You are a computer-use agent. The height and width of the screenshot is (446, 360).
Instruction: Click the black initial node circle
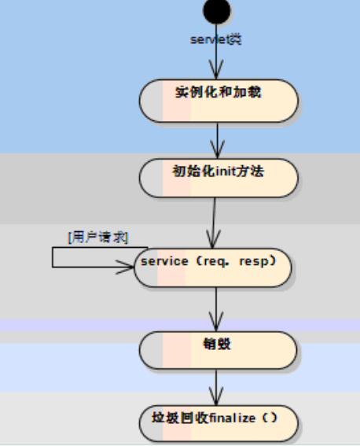tap(217, 10)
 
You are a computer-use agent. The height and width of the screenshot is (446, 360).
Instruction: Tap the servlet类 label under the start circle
tap(216, 39)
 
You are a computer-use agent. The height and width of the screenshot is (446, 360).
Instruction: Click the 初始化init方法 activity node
tap(219, 178)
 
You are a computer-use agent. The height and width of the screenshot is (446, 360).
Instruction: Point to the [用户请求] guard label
tap(97, 237)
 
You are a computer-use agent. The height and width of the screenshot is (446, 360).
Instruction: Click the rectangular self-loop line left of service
tap(53, 257)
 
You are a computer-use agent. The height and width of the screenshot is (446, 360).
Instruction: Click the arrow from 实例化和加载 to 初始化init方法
tap(218, 142)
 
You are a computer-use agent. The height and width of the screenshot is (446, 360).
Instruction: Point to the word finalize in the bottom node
tap(234, 418)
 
